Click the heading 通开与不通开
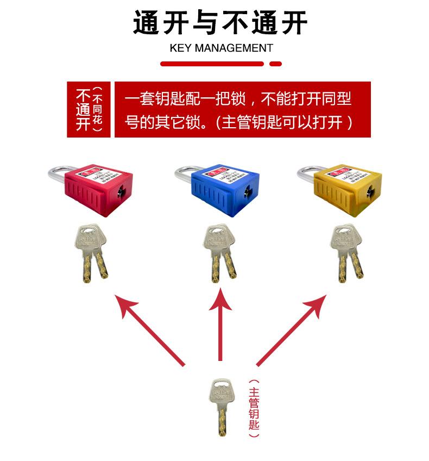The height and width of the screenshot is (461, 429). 220,23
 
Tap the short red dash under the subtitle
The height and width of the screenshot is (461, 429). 276,64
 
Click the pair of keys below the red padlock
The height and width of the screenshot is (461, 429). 91,252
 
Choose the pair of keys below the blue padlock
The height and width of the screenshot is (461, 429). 219,253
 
